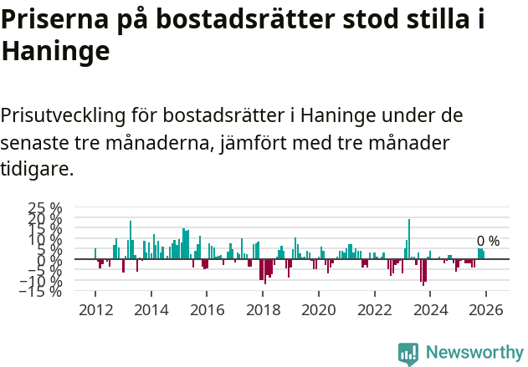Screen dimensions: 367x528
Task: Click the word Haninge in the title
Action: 55,52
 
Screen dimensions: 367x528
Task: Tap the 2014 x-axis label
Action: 151,310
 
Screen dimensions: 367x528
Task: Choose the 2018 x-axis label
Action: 263,310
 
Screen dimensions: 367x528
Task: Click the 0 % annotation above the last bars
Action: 488,242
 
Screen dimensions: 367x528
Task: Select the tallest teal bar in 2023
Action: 408,239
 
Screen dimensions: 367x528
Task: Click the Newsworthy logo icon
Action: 408,353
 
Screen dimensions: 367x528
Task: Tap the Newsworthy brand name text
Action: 474,353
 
